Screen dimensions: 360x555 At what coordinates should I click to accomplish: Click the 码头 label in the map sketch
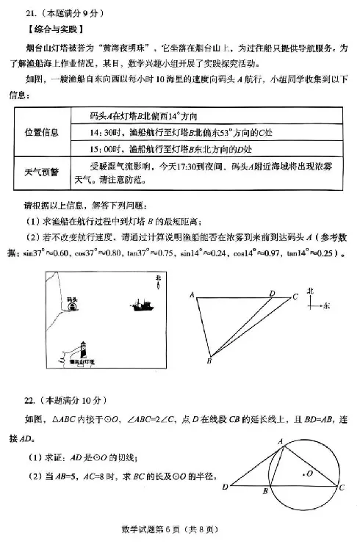71,300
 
